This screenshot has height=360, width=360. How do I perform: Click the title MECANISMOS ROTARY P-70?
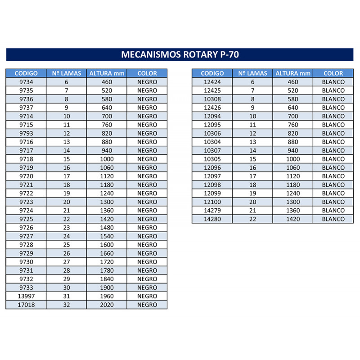[x=180, y=55]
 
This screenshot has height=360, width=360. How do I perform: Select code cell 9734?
[x=26, y=82]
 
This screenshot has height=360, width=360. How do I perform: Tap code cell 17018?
[x=26, y=305]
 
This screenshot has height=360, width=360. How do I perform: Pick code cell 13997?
[x=26, y=296]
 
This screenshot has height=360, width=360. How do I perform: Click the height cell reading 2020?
[x=107, y=305]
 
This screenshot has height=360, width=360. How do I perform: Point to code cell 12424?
[x=212, y=82]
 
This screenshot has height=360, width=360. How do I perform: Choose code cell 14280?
[x=212, y=219]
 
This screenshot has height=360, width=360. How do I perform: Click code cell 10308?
[x=212, y=99]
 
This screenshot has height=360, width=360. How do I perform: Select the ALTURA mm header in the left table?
[x=107, y=73]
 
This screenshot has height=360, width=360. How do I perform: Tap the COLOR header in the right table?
[x=333, y=73]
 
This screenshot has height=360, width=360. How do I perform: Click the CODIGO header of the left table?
[x=26, y=73]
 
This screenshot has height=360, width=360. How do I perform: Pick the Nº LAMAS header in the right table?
[x=252, y=73]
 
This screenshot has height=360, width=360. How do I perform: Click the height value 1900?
[x=107, y=288]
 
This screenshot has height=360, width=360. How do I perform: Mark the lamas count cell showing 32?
[x=67, y=305]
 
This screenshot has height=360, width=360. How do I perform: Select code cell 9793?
[x=26, y=133]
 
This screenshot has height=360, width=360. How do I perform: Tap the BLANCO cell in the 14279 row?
[x=333, y=211]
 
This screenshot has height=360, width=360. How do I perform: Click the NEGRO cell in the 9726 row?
[x=147, y=228]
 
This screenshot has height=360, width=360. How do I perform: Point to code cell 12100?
[x=212, y=202]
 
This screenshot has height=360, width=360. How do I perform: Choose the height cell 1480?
[x=107, y=228]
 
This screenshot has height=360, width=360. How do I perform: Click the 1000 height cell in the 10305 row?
[x=292, y=159]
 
